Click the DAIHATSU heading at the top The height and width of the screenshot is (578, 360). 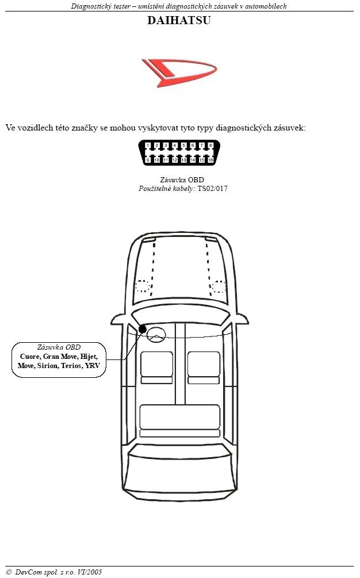(179, 20)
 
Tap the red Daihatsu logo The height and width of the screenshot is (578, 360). (179, 72)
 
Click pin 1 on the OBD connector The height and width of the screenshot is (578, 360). (148, 146)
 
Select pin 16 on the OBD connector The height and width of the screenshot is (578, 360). (210, 160)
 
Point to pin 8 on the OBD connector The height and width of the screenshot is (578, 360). (210, 146)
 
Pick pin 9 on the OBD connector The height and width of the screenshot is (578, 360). (148, 160)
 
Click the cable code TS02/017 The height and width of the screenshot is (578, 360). (212, 189)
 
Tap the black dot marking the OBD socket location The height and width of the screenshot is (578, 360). (143, 329)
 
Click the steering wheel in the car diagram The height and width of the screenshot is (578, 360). (156, 334)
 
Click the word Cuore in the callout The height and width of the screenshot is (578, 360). (30, 357)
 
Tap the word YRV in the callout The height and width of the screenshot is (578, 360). (93, 366)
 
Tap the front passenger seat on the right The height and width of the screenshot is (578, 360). (204, 368)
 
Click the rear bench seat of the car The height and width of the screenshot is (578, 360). (180, 420)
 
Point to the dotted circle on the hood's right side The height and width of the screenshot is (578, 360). (218, 286)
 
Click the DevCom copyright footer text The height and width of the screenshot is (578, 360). (54, 572)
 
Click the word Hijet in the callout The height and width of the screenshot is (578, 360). (89, 357)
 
